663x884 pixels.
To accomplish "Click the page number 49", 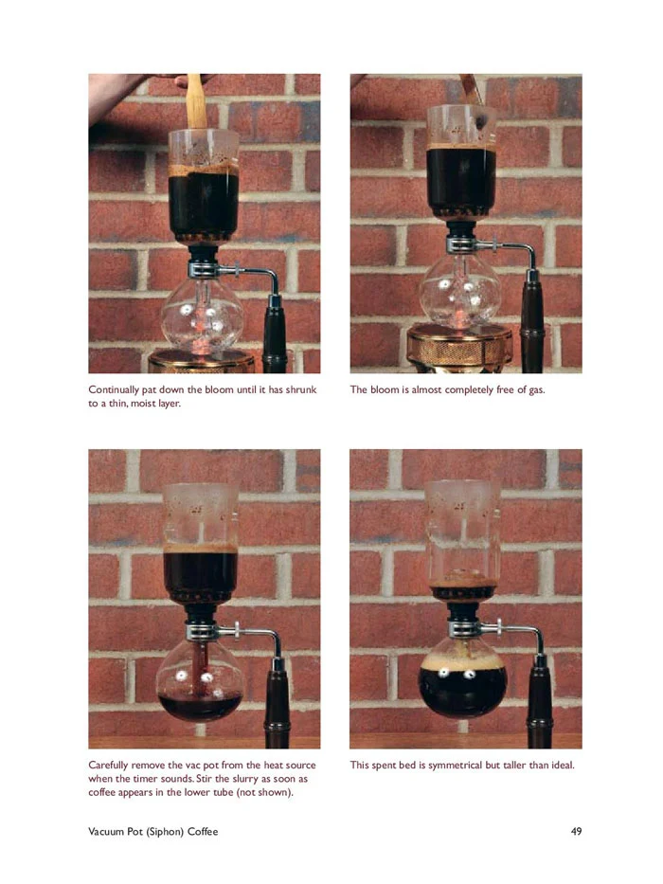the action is coord(576,831).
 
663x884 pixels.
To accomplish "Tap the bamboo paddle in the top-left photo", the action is coord(196,101).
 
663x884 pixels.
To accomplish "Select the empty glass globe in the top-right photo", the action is coord(460,291).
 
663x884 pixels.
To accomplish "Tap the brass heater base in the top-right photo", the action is coord(459,347).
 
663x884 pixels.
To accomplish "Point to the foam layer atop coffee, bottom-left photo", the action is coord(200,548).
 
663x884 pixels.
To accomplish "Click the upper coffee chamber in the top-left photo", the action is coord(203,186).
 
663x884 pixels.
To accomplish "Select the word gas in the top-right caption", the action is coord(536,390).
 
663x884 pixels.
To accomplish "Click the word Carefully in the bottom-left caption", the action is coord(108,765).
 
